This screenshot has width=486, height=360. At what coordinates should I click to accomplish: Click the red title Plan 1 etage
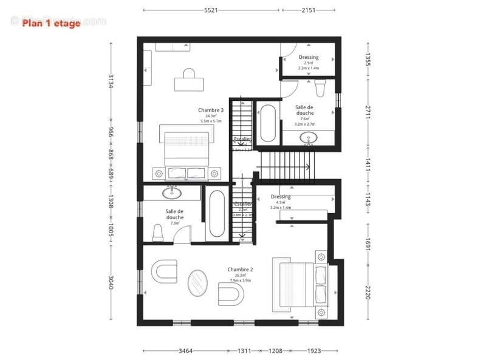pyautogui.click(x=51, y=24)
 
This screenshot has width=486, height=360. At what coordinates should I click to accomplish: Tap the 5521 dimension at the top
pyautogui.click(x=211, y=10)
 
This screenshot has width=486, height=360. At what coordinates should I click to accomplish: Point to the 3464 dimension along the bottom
pyautogui.click(x=186, y=351)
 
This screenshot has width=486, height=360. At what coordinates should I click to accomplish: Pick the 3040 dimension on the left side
pyautogui.click(x=111, y=282)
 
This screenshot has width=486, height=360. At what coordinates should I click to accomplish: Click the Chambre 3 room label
pyautogui.click(x=211, y=110)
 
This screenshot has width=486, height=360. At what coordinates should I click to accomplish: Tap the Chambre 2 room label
pyautogui.click(x=240, y=269)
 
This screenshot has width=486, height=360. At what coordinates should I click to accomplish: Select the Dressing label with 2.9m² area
pyautogui.click(x=309, y=58)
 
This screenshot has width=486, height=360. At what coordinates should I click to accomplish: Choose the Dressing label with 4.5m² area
pyautogui.click(x=281, y=197)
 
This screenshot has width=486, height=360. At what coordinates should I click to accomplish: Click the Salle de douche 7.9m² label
pyautogui.click(x=174, y=214)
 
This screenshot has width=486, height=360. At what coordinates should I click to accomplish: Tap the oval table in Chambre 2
pyautogui.click(x=197, y=284)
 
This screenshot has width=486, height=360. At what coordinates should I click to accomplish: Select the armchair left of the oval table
pyautogui.click(x=163, y=271)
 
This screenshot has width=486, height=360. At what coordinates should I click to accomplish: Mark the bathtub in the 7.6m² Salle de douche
pyautogui.click(x=267, y=124)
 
